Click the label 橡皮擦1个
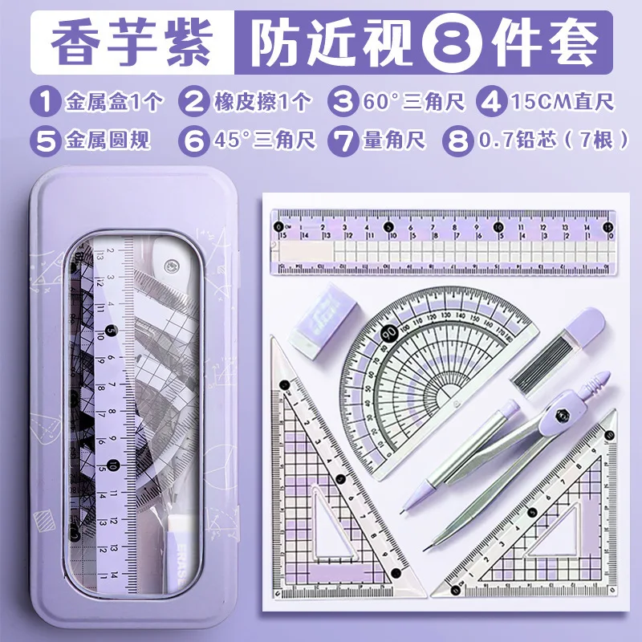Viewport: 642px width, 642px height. point(262,102)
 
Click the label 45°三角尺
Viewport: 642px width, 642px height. point(264,140)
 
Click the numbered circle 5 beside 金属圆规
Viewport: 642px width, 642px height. point(45,140)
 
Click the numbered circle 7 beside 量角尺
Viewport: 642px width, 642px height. point(344,140)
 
